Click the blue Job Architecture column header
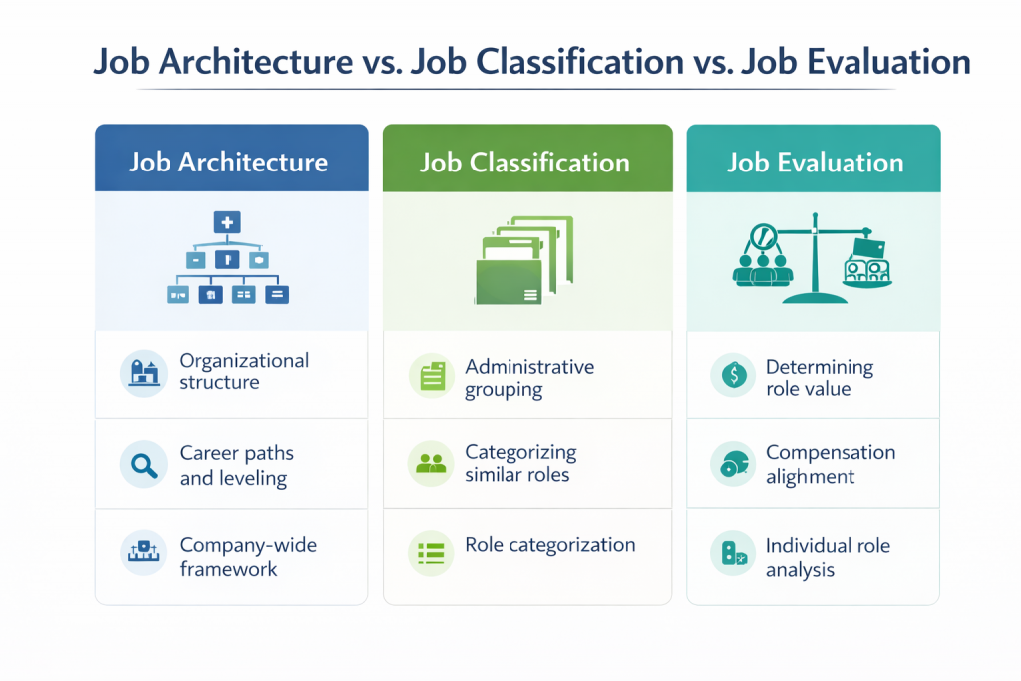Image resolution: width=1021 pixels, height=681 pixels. [230, 160]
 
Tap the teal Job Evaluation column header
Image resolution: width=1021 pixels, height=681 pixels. [814, 160]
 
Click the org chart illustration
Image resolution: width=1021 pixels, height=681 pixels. [227, 258]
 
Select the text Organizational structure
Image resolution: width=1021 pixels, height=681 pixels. [244, 371]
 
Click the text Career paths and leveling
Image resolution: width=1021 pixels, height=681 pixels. [236, 465]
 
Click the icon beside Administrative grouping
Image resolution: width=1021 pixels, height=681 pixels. [432, 375]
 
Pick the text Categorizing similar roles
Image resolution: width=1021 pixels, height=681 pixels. [520, 463]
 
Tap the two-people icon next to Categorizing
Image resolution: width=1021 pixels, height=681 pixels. [432, 463]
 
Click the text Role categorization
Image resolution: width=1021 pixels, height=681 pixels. [549, 545]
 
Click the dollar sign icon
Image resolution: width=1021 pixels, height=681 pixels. [733, 375]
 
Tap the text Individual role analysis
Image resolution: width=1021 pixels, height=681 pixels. [828, 558]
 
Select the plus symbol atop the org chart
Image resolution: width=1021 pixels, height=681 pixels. [227, 223]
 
